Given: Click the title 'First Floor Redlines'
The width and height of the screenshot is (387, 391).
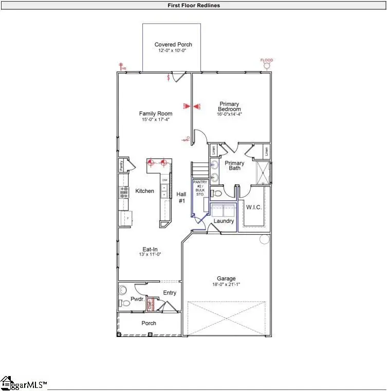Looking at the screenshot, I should click(x=194, y=6).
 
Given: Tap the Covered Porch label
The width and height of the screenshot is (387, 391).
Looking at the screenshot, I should click(x=173, y=45).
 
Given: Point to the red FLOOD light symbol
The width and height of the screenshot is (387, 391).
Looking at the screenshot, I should click(x=266, y=65).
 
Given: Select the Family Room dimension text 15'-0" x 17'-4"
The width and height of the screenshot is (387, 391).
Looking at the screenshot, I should click(x=156, y=119).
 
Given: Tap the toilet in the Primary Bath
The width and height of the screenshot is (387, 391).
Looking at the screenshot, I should click(x=217, y=193).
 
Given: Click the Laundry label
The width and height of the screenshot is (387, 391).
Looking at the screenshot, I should click(x=224, y=221).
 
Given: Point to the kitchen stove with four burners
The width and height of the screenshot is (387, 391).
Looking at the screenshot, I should click(x=124, y=192).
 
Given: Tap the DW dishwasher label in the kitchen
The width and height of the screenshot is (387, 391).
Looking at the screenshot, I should click(x=165, y=181).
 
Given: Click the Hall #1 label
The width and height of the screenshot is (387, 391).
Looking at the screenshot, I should click(x=181, y=198).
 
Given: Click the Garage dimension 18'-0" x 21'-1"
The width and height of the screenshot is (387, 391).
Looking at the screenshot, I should click(x=226, y=285).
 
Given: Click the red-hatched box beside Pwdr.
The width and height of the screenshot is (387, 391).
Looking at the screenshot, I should click(x=151, y=304).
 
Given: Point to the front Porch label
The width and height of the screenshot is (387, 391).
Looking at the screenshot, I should click(x=149, y=323).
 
